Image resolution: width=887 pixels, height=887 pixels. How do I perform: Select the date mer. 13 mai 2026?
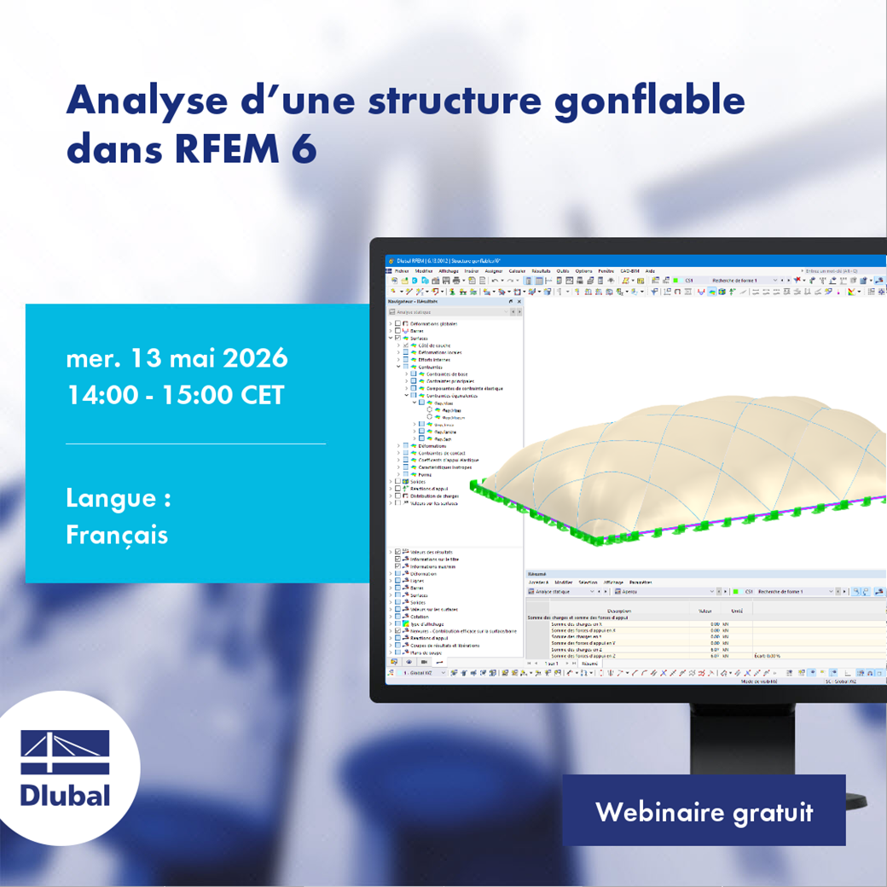(x=177, y=358)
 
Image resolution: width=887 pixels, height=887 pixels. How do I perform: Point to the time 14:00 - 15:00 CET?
(x=175, y=396)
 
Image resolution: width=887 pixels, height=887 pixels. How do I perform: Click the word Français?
(x=116, y=535)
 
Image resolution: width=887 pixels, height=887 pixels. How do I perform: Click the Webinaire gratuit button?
(x=704, y=811)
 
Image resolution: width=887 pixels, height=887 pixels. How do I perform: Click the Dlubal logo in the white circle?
(x=66, y=768)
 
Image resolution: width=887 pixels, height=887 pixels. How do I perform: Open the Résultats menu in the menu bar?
(x=540, y=271)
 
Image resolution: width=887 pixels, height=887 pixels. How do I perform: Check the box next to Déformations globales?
(x=397, y=324)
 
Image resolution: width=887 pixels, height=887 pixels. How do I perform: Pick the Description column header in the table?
(x=619, y=611)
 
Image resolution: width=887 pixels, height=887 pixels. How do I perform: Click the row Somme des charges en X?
(x=588, y=623)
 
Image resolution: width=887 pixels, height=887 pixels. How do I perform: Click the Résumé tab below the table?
(x=588, y=663)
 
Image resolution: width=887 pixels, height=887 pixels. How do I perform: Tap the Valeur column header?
(x=704, y=611)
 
